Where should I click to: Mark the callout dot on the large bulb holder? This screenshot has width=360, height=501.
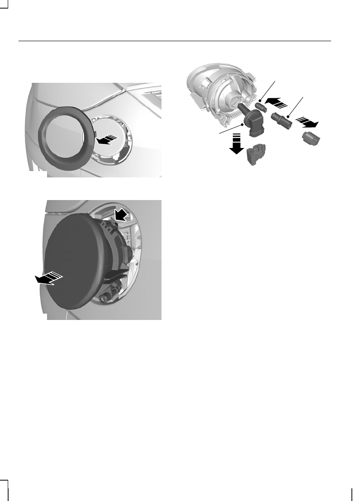[x=243, y=124]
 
